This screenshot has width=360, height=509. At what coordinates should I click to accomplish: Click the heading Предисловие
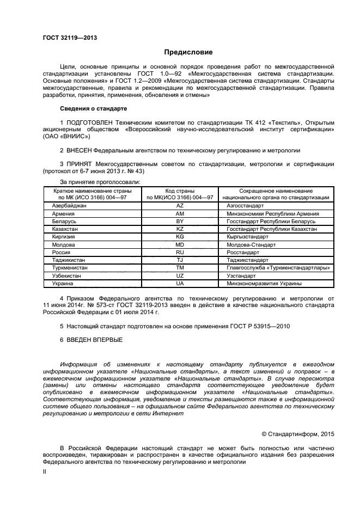point(188,52)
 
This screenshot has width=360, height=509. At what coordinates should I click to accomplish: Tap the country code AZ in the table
point(180,206)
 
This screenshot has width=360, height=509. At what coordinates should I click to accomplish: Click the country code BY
point(180,222)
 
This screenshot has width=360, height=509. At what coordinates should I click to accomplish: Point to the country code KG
point(180,237)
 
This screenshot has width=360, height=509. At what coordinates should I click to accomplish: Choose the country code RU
point(180,253)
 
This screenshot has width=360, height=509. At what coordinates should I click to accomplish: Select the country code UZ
point(180,276)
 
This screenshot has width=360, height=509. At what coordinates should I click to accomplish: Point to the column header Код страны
point(180,191)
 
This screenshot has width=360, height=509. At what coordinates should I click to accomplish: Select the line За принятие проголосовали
point(100,182)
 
